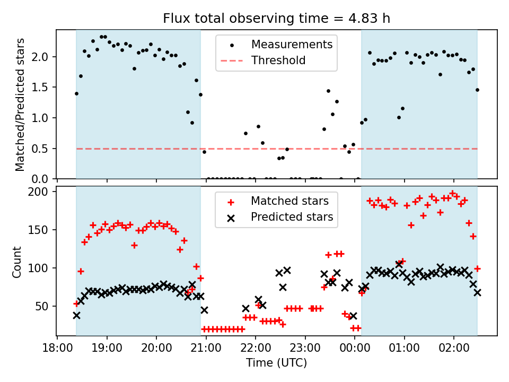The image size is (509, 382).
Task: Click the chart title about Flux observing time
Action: pyautogui.click(x=276, y=19)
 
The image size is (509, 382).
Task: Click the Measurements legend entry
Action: pyautogui.click(x=292, y=44)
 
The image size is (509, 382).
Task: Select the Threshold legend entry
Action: pyautogui.click(x=278, y=60)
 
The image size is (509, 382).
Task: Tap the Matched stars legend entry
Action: pyautogui.click(x=289, y=201)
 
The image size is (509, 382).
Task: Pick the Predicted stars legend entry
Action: pyautogui.click(x=292, y=217)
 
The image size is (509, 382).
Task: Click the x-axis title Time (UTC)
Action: pyautogui.click(x=276, y=363)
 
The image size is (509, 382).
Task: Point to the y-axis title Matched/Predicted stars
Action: pyautogui.click(x=20, y=105)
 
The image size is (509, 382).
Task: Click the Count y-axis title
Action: pyautogui.click(x=17, y=262)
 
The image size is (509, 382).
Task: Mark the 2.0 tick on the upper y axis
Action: pyautogui.click(x=45, y=57)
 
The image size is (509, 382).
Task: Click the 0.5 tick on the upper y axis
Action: pyautogui.click(x=45, y=149)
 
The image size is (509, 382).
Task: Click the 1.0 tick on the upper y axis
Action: pyautogui.click(x=45, y=118)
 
